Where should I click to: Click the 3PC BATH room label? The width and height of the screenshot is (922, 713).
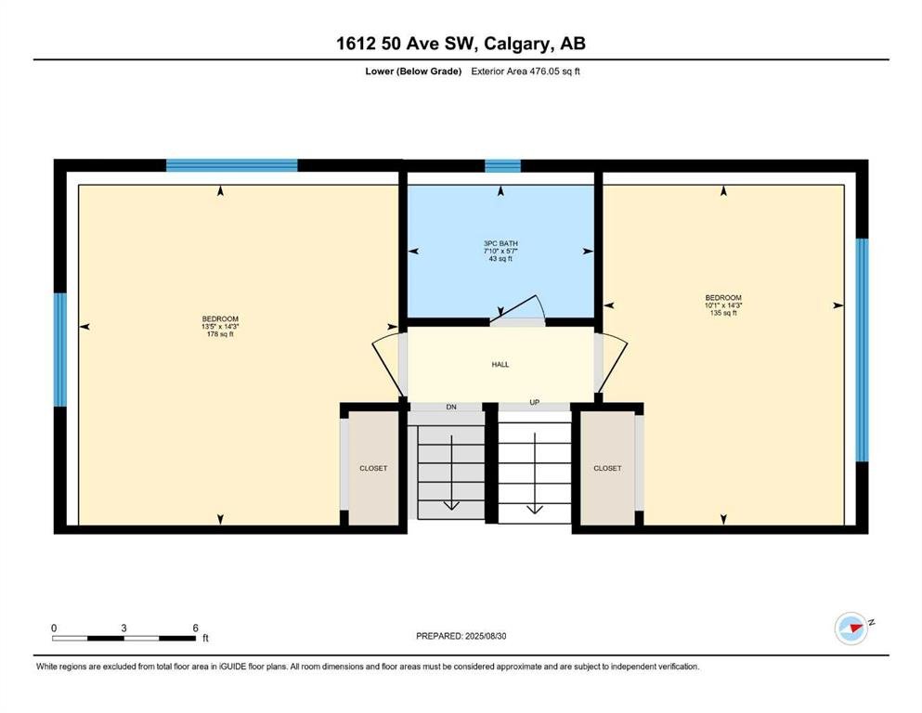tap(500, 243)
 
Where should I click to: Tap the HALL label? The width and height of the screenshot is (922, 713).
tap(500, 365)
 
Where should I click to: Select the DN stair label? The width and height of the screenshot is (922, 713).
tap(451, 407)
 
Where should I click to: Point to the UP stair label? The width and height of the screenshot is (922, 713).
tap(535, 403)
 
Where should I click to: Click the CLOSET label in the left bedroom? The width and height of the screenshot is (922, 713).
tap(373, 469)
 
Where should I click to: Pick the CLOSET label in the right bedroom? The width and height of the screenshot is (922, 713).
tap(607, 469)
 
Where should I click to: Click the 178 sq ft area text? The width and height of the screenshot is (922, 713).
tap(220, 334)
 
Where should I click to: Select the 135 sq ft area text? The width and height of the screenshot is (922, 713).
tap(723, 313)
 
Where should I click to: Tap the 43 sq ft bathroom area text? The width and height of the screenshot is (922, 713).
tap(500, 259)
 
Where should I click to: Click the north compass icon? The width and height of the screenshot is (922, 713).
tap(851, 629)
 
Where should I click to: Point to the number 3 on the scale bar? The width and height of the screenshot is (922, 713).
tap(123, 628)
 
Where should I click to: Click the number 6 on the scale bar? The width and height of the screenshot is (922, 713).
tap(195, 628)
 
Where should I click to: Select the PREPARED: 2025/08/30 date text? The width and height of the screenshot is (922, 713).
tap(461, 636)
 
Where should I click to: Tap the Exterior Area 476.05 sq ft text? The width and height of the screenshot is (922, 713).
tap(526, 71)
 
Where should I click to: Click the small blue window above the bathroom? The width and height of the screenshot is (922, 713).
tap(502, 166)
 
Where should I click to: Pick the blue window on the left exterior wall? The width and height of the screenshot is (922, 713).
tap(60, 350)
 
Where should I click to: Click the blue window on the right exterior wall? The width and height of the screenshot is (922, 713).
tap(862, 350)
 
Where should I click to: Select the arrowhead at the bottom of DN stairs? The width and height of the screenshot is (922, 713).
tap(451, 506)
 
